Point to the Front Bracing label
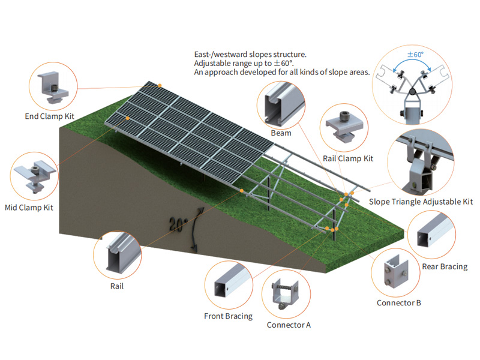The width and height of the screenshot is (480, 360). [x=229, y=316]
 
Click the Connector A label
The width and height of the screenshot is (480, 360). [x=289, y=325]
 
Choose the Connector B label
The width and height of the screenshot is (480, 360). [x=398, y=302]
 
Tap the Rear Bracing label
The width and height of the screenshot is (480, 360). [x=444, y=266]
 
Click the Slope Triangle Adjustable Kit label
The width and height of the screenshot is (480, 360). [x=421, y=202]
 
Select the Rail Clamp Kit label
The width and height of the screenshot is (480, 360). [x=348, y=158]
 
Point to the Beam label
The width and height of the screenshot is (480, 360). [x=281, y=133]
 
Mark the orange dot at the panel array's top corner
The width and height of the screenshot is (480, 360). [x=160, y=86]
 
